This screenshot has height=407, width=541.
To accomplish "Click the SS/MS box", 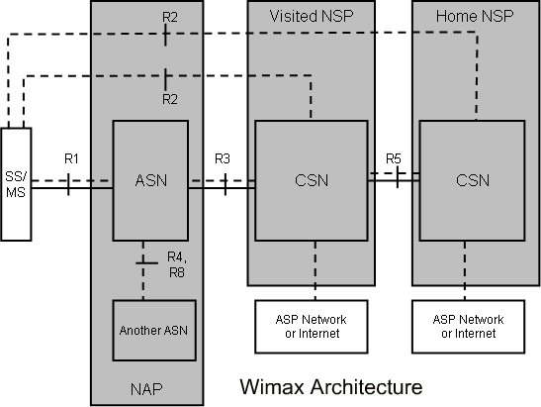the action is [16, 184].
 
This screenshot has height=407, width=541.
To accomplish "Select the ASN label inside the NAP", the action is [151, 180].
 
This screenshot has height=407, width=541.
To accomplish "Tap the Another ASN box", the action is [154, 331].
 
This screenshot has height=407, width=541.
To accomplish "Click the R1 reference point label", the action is [71, 158].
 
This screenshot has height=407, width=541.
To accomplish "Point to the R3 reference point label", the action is [223, 158].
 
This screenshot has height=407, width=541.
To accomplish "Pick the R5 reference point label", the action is [394, 158].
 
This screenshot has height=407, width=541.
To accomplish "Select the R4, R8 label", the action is [177, 265].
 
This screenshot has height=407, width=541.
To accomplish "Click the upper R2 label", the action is [170, 17].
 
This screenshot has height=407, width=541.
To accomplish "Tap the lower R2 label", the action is [170, 99].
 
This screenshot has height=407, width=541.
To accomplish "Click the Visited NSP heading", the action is [312, 16].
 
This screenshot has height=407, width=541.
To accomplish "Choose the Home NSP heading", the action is [475, 16].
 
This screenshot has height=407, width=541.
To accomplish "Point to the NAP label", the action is [146, 389].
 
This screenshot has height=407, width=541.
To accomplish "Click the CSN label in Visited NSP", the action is [312, 180].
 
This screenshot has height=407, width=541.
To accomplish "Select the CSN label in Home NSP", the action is [473, 180].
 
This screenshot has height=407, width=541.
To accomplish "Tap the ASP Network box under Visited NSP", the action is [312, 327].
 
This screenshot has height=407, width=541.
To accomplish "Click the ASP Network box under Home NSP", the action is [469, 327].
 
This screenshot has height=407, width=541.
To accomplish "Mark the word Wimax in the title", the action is [272, 386].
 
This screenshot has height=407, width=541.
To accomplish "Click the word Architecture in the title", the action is [366, 386].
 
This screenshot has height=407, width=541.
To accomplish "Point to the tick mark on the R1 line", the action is [68, 184].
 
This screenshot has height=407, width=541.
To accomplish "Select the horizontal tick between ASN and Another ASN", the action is [146, 263].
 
